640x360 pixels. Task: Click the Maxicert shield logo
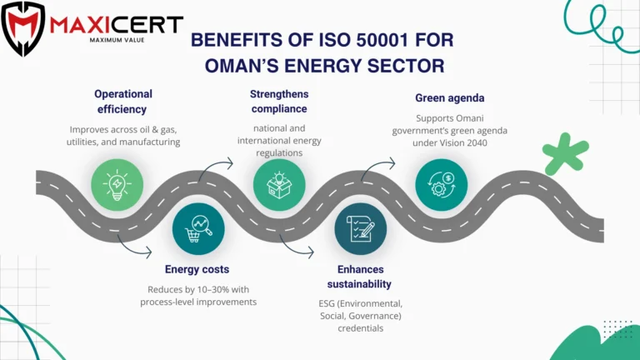click(x=22, y=28)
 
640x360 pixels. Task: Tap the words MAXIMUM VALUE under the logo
click(x=117, y=40)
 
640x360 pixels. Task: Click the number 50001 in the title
click(x=382, y=40)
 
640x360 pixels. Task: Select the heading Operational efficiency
click(x=122, y=102)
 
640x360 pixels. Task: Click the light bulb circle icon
click(x=117, y=184)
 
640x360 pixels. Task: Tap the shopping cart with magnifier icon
click(x=198, y=229)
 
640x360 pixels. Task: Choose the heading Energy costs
click(x=197, y=269)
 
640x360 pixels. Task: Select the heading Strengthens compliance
click(x=279, y=101)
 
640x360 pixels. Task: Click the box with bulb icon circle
click(x=279, y=184)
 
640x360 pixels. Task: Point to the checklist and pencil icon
click(x=361, y=229)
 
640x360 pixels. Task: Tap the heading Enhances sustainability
click(x=360, y=277)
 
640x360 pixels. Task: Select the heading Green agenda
click(x=450, y=98)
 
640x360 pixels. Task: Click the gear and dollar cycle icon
click(x=442, y=184)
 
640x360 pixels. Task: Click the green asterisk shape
click(x=565, y=154)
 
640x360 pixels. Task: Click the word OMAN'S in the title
click(x=242, y=66)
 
